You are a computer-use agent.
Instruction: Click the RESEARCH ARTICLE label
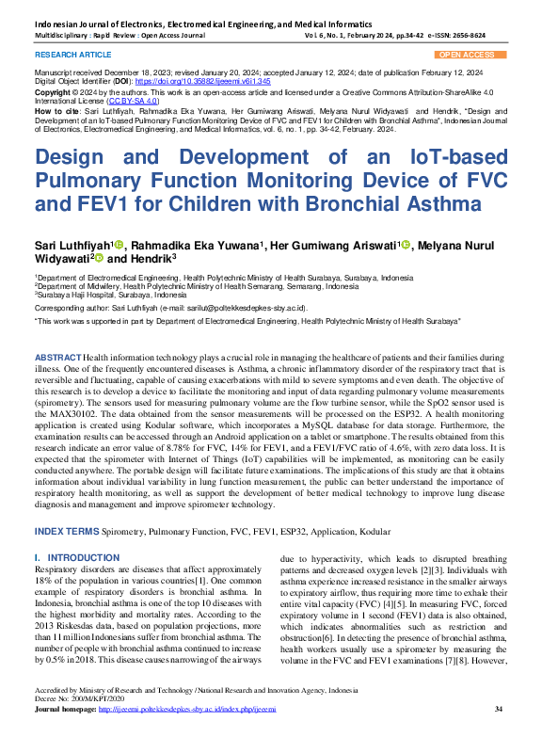pos(67,56)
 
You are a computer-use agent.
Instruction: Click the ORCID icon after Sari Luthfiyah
pos(119,246)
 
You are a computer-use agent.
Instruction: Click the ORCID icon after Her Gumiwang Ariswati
pos(406,246)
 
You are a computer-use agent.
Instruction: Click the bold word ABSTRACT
pos(57,360)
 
